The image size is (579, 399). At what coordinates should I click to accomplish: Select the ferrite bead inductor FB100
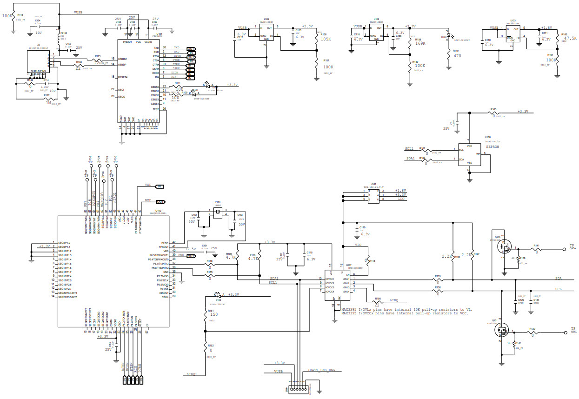point(59,37)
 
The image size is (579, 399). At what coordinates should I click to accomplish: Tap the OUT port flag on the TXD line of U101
point(191,48)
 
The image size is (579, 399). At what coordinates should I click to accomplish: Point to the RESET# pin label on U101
point(123,77)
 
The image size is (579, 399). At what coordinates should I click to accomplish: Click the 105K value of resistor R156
point(326,40)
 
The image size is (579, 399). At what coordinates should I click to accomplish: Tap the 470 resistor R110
point(448,54)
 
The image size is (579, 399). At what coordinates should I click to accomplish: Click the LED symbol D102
point(448,37)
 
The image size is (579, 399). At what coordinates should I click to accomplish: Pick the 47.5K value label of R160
point(566,39)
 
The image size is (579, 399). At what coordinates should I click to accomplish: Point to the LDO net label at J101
point(401,199)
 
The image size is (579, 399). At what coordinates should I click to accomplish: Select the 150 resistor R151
point(205,315)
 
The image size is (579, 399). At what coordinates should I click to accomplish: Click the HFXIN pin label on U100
point(165,242)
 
